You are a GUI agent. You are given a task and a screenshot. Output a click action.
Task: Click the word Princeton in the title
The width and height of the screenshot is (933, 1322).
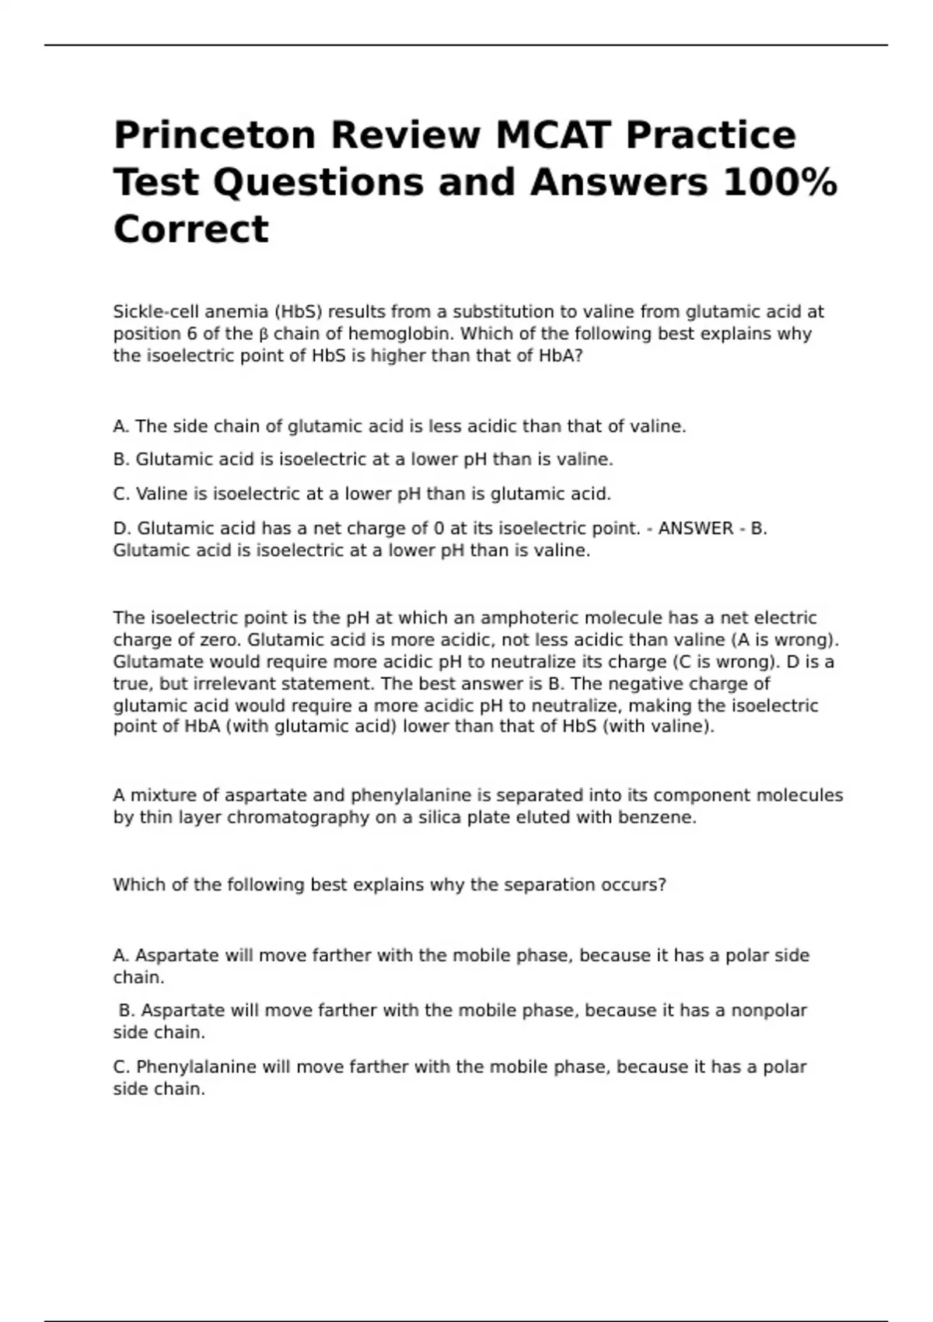[x=214, y=135]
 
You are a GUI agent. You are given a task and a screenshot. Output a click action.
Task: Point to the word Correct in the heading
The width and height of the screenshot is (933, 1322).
[x=191, y=229]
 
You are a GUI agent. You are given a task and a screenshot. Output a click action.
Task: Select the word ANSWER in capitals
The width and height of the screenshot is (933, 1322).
[x=696, y=529]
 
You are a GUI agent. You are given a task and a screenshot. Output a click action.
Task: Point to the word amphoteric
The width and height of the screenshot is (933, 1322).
[x=529, y=618]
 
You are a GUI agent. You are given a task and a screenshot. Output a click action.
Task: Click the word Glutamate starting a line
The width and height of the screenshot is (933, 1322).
[x=155, y=662]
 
